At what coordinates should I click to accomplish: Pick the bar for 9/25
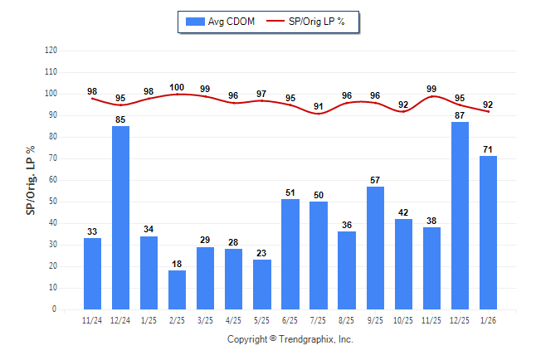(x=375, y=248)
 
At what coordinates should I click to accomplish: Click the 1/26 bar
(x=488, y=232)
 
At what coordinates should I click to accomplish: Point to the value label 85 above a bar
(x=120, y=119)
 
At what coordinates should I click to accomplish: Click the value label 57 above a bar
(x=375, y=180)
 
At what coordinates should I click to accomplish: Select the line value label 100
(x=177, y=87)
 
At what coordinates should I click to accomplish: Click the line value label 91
(x=319, y=106)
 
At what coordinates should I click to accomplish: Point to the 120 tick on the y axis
(x=51, y=51)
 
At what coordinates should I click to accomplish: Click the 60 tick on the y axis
(x=52, y=180)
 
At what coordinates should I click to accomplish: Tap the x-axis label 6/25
(x=290, y=321)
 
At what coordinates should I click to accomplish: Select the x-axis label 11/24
(x=92, y=321)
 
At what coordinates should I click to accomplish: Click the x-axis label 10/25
(x=403, y=321)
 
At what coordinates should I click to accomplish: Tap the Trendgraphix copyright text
(x=290, y=339)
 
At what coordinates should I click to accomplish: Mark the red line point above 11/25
(x=431, y=96)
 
